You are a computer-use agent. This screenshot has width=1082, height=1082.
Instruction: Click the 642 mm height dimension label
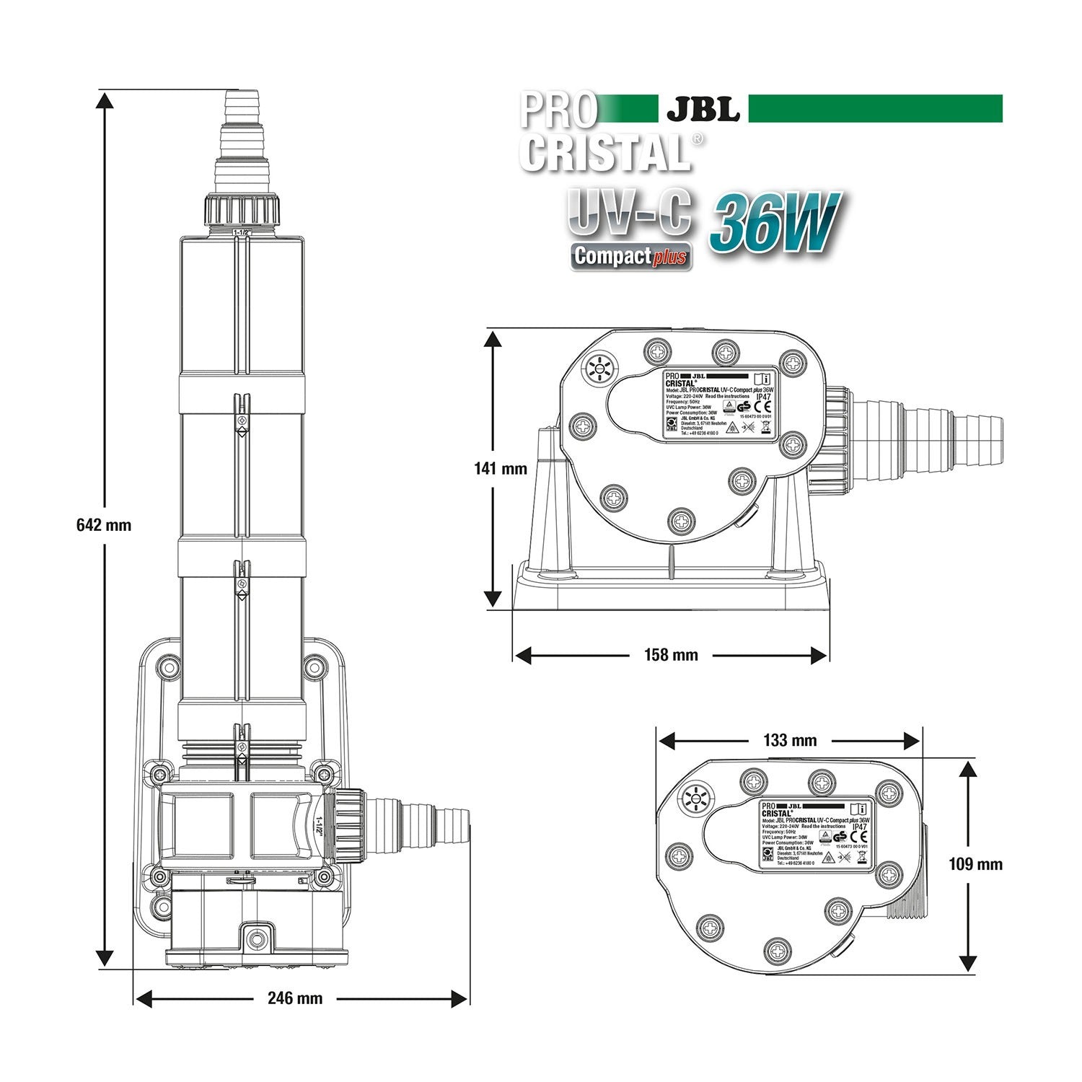tap(104, 525)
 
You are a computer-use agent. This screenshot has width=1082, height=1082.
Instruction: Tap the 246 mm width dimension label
tap(295, 998)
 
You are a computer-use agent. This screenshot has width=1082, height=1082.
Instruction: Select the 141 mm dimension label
tap(501, 469)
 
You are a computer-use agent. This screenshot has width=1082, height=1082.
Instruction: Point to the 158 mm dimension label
tap(671, 655)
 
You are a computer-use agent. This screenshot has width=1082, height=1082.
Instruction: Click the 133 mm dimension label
tap(789, 741)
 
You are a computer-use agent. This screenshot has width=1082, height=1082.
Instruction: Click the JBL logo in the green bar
tap(703, 109)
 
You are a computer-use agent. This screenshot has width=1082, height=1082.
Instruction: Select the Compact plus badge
tap(631, 256)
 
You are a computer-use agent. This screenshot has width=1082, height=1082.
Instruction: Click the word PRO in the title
tap(559, 110)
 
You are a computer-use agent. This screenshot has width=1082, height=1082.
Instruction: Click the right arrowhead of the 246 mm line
tap(460, 998)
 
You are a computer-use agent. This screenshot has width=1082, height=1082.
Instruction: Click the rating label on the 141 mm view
tap(718, 405)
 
